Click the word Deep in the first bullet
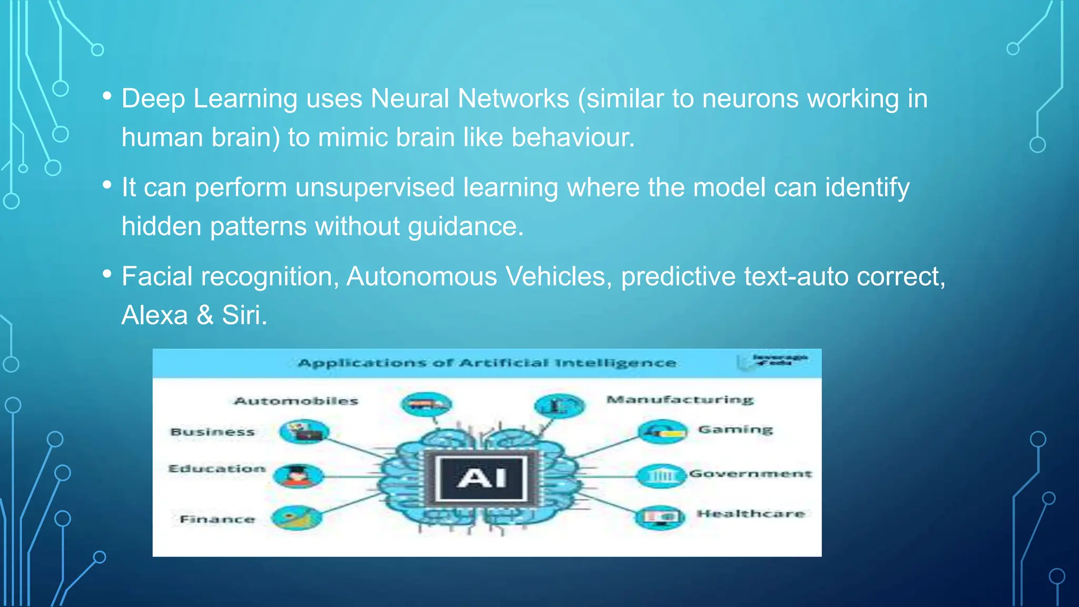pos(153,99)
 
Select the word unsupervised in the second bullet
pos(375,188)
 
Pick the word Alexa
pos(154,316)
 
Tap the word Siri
pos(244,316)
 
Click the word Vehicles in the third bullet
pos(558,277)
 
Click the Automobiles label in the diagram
pos(296,401)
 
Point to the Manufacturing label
pos(680,399)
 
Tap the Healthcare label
pos(751,514)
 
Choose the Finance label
pos(217,519)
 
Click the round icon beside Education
pos(298,476)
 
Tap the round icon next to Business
pos(304,432)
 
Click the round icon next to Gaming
pos(662,432)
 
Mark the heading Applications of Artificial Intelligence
pos(487,363)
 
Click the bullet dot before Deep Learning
pos(107,96)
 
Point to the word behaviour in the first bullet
pos(573,138)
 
